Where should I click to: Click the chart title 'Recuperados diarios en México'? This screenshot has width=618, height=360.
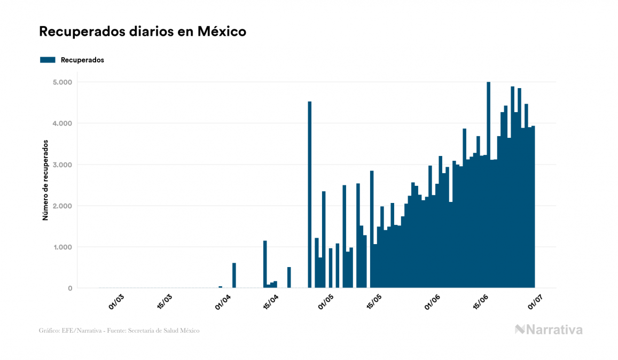[x=142, y=32]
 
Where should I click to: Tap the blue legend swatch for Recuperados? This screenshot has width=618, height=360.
[x=48, y=60]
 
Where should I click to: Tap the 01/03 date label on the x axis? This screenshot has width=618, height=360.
[x=116, y=301]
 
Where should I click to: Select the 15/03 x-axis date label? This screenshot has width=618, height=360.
[x=165, y=301]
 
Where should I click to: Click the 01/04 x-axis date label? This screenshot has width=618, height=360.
[x=223, y=301]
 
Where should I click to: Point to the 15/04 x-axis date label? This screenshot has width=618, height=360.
[x=272, y=301]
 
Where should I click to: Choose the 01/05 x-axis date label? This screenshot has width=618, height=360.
[x=326, y=301]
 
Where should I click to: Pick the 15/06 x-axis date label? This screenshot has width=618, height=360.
[x=481, y=301]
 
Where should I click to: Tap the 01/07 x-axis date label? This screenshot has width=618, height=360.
[x=535, y=301]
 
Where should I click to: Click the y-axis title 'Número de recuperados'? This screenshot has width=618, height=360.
[x=45, y=181]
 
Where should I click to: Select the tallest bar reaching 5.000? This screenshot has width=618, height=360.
[x=488, y=185]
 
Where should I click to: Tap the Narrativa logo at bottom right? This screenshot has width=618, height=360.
[x=549, y=330]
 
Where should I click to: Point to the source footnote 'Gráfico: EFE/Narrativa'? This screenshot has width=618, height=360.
[x=119, y=331]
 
